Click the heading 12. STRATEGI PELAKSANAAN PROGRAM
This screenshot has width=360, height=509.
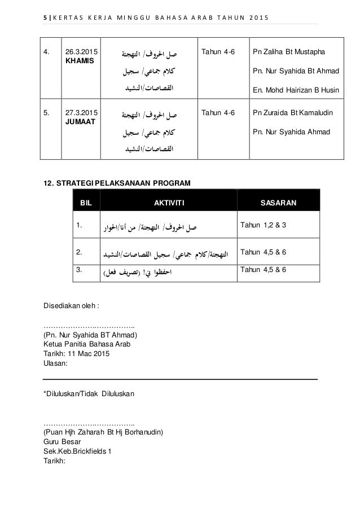117,183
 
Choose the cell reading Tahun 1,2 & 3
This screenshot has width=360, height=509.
263,226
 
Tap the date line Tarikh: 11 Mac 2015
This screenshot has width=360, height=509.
77,354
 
